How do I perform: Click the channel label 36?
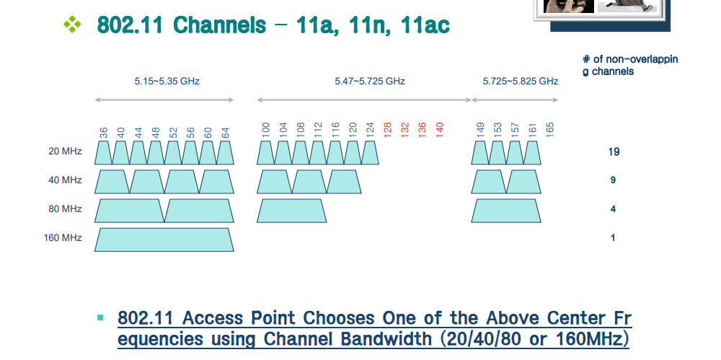[104, 133]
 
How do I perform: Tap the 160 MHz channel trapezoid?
[164, 240]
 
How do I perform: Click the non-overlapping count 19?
[614, 152]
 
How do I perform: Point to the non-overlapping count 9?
[613, 180]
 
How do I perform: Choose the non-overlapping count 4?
[613, 209]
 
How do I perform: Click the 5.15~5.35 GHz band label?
[167, 82]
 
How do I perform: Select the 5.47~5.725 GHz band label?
[370, 82]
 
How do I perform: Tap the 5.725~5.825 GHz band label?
[521, 82]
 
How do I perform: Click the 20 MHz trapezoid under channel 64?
[225, 153]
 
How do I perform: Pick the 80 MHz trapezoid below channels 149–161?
[506, 211]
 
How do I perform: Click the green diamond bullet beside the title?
[73, 25]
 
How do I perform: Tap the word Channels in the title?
[219, 25]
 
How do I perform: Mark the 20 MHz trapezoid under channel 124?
[370, 153]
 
